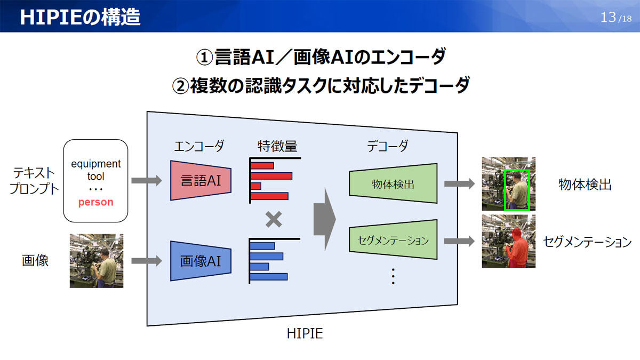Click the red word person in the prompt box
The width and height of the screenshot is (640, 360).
tap(95, 202)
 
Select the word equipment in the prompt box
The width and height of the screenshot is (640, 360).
tap(95, 164)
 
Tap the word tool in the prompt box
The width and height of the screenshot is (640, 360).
tap(95, 177)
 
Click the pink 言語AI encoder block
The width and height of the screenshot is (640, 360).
tap(201, 181)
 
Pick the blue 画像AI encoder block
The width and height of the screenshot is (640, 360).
tap(201, 261)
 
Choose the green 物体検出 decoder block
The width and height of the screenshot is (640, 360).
tap(393, 183)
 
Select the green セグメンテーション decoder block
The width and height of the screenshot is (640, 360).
tap(393, 239)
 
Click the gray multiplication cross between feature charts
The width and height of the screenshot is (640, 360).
tap(274, 219)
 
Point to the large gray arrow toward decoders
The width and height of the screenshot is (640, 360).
tap(325, 219)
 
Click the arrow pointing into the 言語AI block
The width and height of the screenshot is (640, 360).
tap(147, 181)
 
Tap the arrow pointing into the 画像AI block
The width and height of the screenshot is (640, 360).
tap(147, 261)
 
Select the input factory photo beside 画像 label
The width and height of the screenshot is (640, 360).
tap(97, 261)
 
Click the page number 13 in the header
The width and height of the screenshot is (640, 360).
tap(608, 18)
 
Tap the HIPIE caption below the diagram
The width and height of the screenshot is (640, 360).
tap(305, 334)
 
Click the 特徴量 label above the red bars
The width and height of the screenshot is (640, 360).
tap(277, 146)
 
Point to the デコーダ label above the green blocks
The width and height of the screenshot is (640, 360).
tap(387, 146)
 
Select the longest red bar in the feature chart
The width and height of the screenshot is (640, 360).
tap(271, 175)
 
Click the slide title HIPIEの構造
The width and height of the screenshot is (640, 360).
tap(80, 17)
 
